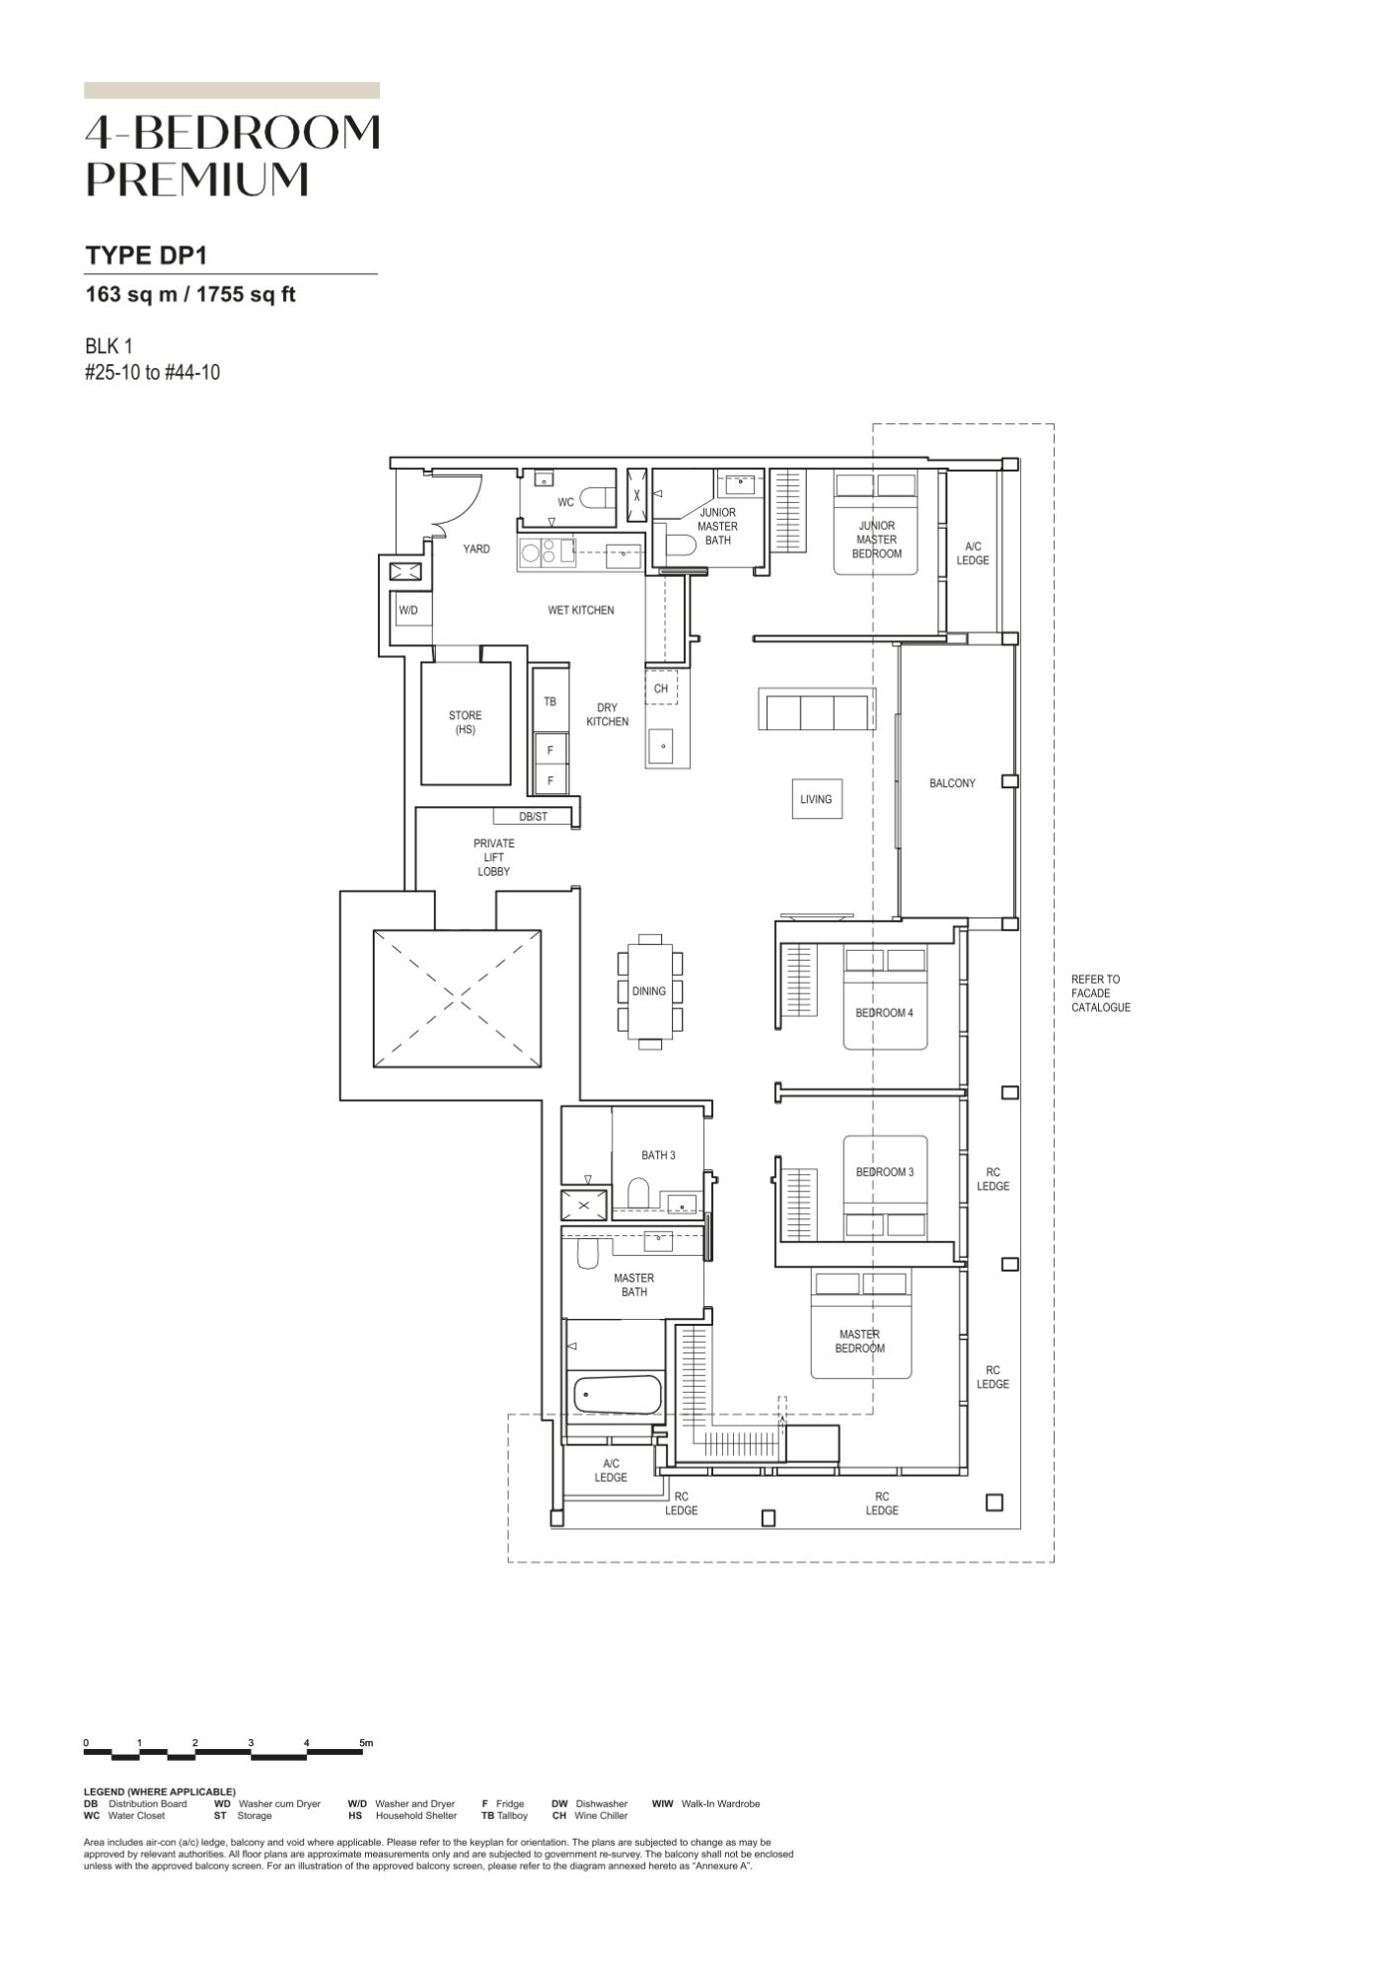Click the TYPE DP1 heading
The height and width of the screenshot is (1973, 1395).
coord(146,256)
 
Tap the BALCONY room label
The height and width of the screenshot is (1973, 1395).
coord(952,783)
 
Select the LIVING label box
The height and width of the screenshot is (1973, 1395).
coord(816,799)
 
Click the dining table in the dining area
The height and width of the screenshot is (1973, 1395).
coord(649,991)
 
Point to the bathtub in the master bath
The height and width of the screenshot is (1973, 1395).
coord(618,1395)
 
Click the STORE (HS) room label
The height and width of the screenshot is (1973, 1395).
coord(466,722)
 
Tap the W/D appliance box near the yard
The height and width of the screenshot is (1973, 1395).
coord(408,611)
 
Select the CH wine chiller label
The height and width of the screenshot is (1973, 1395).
coord(661,689)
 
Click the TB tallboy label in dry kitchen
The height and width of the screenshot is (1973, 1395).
coord(551,701)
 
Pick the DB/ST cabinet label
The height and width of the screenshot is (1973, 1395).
coord(533,817)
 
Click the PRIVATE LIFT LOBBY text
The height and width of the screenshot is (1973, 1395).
coord(494,857)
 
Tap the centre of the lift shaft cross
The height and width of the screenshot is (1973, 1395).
coord(457,998)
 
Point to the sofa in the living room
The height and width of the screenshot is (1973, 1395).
coord(816,710)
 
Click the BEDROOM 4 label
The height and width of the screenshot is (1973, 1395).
coord(884,1013)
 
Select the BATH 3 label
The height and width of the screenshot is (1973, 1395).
coord(658,1155)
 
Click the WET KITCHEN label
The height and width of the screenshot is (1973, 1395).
coord(581,611)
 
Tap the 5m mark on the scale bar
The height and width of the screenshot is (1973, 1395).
coord(366,1743)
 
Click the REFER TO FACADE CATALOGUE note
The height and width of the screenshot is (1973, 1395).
coord(1101,993)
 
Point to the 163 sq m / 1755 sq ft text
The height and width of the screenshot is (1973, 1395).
coord(190,294)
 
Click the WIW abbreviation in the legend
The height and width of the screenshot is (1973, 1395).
coord(663,1804)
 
